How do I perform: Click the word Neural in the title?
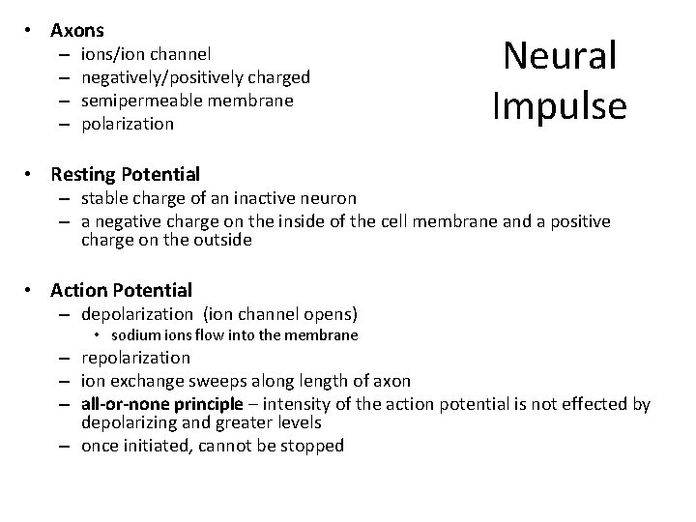pyautogui.click(x=560, y=57)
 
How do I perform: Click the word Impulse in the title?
pyautogui.click(x=560, y=104)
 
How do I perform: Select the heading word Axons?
pyautogui.click(x=77, y=31)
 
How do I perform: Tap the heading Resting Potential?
pyautogui.click(x=125, y=175)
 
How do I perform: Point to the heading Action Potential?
pyautogui.click(x=121, y=290)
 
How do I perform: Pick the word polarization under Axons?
pyautogui.click(x=128, y=124)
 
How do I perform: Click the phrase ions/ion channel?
pyautogui.click(x=146, y=54)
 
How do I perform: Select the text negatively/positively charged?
pyautogui.click(x=195, y=77)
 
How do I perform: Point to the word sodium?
pyautogui.click(x=133, y=335)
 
